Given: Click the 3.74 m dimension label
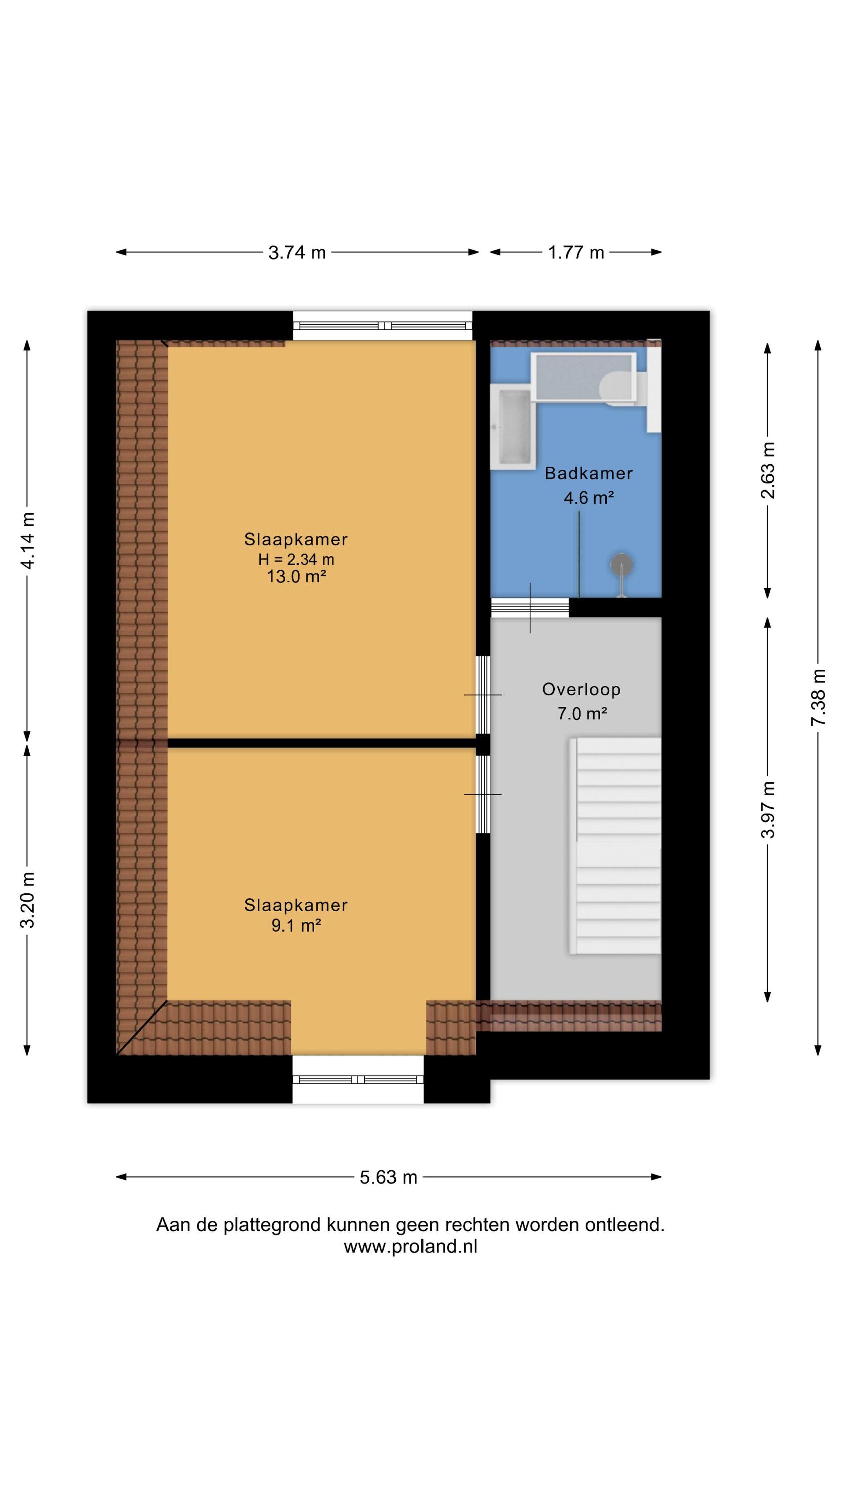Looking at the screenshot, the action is coord(297,252).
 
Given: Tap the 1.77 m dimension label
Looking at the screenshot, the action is coord(576,252).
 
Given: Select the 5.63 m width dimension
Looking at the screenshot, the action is coord(388,1177).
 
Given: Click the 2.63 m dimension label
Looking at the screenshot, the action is coord(768,470).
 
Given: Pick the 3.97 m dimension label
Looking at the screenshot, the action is coord(768,810).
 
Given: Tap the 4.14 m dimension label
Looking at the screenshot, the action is coord(27,540).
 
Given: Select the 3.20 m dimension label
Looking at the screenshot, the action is coord(27,900).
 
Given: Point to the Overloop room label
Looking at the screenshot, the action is coord(581,689).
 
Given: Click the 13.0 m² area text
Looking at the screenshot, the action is coord(296,577).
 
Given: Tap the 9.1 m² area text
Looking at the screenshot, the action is coord(296,925).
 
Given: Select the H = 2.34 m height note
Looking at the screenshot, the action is coord(296,559).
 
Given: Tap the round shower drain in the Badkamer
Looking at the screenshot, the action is coord(622,564).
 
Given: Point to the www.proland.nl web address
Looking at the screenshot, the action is coord(410,1246).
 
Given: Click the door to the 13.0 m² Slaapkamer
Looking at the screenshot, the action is coord(483,695).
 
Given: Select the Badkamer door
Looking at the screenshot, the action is coord(530,608).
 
